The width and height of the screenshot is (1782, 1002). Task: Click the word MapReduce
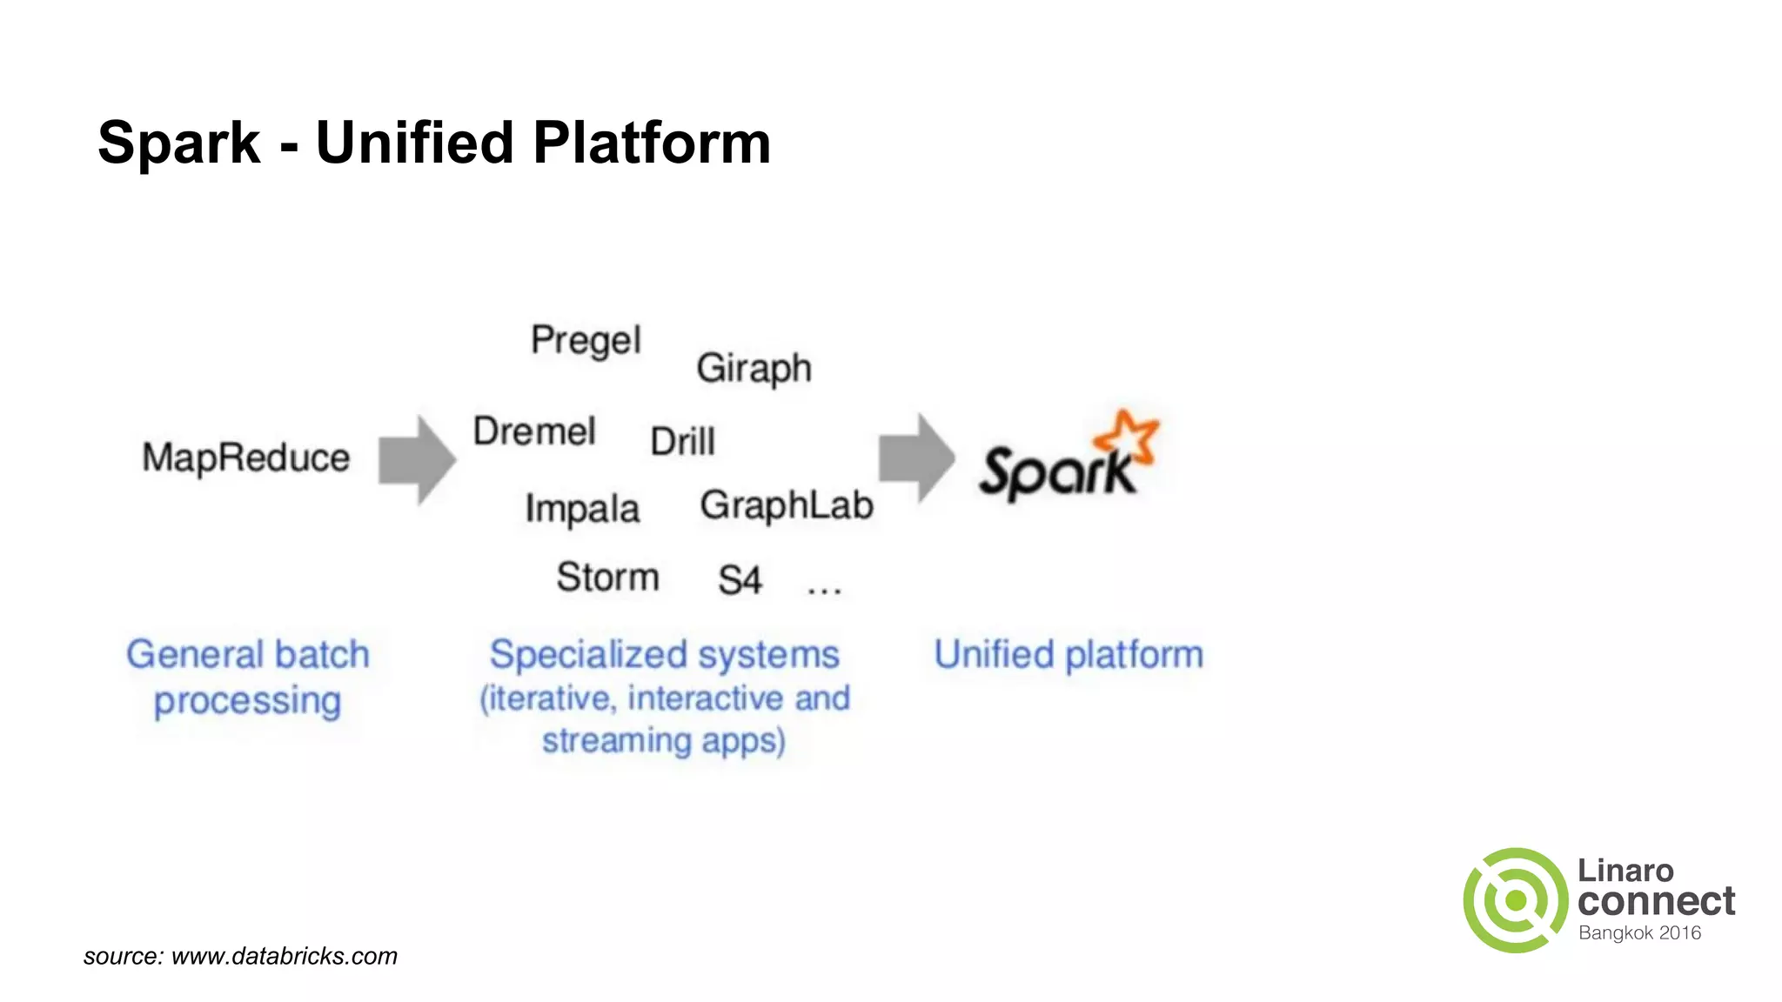[x=246, y=458]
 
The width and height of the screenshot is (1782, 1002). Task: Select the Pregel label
[x=586, y=340]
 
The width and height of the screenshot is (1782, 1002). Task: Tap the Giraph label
[x=754, y=368]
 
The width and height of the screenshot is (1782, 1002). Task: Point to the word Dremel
[x=534, y=431]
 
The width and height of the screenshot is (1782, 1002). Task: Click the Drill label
[x=682, y=441]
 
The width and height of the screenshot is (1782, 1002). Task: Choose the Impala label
[x=582, y=509]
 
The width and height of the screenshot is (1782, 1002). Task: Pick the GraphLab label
[x=787, y=505]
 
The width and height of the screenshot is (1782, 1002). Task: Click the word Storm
[x=607, y=578]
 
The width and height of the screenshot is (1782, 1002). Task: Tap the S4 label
[x=740, y=580]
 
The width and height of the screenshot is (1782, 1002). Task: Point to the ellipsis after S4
[x=824, y=590]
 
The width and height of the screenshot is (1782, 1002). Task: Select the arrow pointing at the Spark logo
[x=916, y=458]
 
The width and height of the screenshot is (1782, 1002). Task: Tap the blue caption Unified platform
[x=1069, y=654]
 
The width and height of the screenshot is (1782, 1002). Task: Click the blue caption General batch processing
[x=248, y=677]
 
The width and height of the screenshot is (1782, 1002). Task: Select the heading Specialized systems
[x=664, y=654]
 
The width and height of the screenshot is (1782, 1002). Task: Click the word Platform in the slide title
[x=652, y=143]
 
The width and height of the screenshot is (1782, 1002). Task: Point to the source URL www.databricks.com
[x=285, y=956]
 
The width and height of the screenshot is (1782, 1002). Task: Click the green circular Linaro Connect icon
[x=1515, y=900]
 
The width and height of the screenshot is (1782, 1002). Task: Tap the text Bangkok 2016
[x=1639, y=933]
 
